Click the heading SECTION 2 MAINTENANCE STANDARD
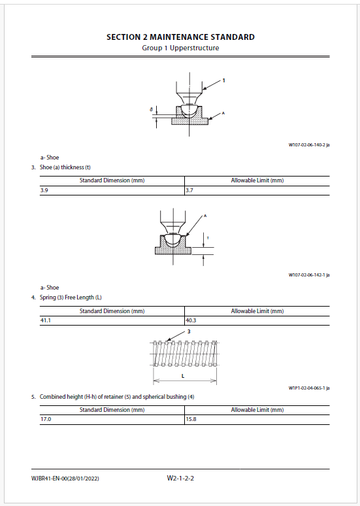[180, 37]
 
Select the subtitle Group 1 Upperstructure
[180, 48]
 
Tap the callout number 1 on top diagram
[223, 80]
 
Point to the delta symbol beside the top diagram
[152, 110]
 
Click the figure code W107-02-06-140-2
[309, 145]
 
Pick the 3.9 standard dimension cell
[44, 190]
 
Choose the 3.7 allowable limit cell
[189, 190]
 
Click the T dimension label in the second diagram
[208, 238]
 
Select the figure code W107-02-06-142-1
[309, 275]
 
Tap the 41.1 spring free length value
[46, 320]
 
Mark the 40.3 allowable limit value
[191, 320]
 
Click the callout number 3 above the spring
[189, 331]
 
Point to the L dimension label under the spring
[183, 376]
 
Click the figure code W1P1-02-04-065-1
[309, 388]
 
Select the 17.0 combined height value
[46, 419]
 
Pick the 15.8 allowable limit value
[191, 419]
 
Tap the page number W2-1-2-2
[180, 479]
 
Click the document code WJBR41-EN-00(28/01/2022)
[65, 479]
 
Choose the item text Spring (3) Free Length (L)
[71, 297]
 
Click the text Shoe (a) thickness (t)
[65, 167]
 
